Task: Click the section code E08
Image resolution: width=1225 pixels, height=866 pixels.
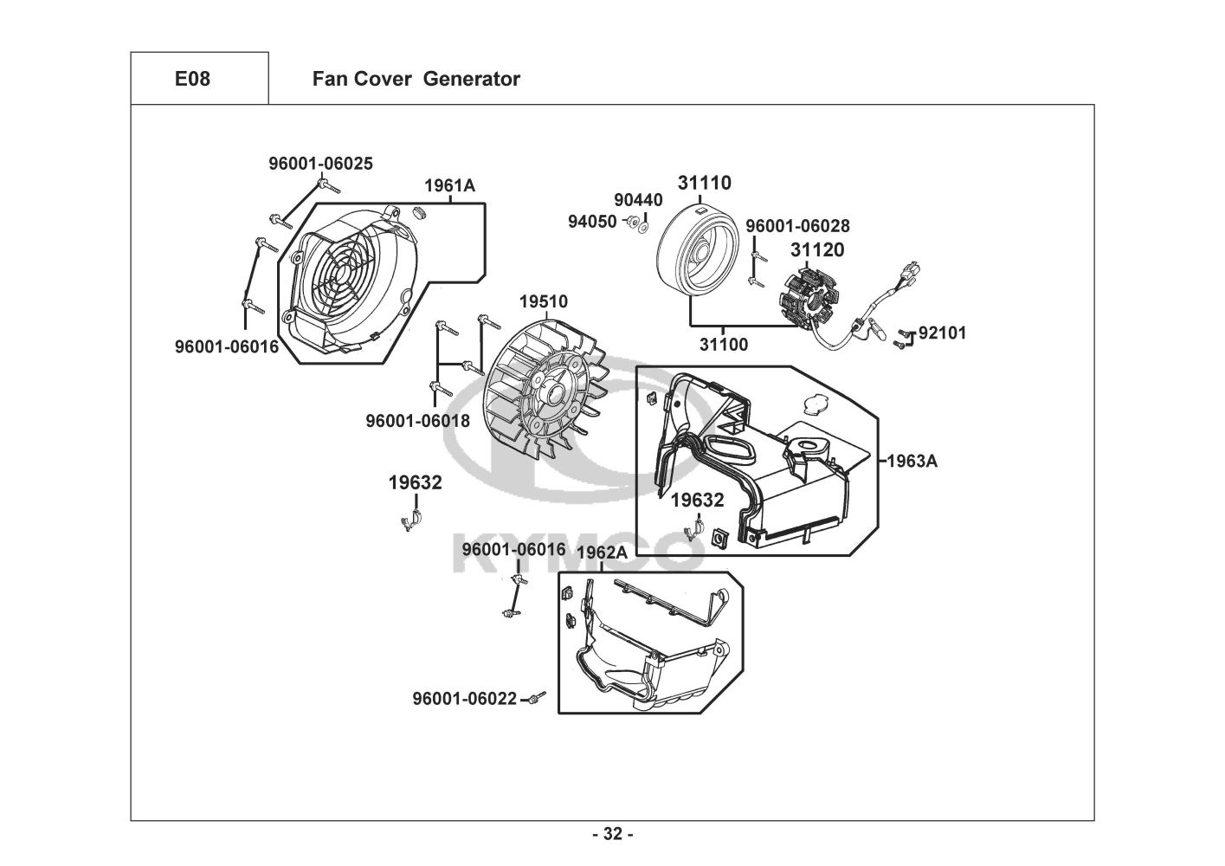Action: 192,79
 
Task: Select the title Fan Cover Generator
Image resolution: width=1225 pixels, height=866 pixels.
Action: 416,79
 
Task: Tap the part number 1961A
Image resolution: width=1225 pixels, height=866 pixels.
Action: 449,185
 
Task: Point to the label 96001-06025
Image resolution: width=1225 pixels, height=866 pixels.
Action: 320,163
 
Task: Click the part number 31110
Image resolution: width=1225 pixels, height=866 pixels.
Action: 704,183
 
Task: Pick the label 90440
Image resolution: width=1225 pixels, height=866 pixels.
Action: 638,201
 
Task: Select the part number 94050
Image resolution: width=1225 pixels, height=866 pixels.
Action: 592,222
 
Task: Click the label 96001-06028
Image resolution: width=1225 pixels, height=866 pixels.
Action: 797,226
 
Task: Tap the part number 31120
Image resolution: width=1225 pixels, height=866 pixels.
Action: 816,250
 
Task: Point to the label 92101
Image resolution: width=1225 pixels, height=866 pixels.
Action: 942,333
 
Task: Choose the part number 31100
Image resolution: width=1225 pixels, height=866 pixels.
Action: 724,345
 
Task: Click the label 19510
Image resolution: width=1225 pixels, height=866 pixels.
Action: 544,301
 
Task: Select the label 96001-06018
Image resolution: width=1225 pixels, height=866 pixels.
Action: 418,421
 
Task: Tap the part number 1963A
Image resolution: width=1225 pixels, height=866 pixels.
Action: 912,461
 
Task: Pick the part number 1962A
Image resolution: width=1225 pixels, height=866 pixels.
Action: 602,553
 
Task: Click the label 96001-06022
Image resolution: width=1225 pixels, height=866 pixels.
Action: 464,699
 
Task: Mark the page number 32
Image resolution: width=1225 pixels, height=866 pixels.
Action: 612,834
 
